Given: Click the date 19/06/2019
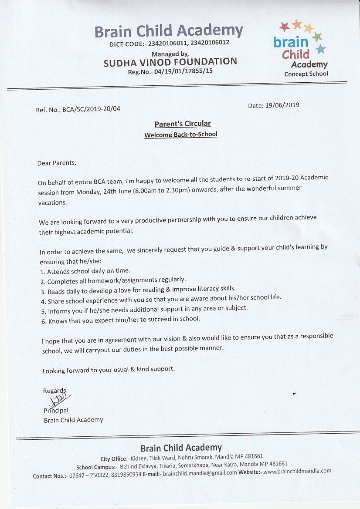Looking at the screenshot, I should pyautogui.click(x=282, y=105).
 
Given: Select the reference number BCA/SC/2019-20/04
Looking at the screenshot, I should pyautogui.click(x=91, y=109).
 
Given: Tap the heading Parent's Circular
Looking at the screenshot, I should pyautogui.click(x=183, y=124).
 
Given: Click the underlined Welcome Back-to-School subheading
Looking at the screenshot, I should pyautogui.click(x=181, y=135).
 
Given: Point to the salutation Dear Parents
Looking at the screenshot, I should pyautogui.click(x=57, y=163).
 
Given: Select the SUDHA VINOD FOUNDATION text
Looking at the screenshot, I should pyautogui.click(x=170, y=62).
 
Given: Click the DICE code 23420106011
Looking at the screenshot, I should pyautogui.click(x=166, y=43).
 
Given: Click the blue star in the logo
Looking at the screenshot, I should pyautogui.click(x=321, y=49).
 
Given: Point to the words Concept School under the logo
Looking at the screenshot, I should pyautogui.click(x=306, y=74).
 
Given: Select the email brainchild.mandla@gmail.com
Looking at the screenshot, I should pyautogui.click(x=200, y=472).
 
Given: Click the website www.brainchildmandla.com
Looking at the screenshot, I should pyautogui.click(x=297, y=471).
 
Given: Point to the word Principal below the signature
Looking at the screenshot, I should pyautogui.click(x=56, y=410).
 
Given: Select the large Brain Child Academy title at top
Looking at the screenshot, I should pyautogui.click(x=168, y=31).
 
